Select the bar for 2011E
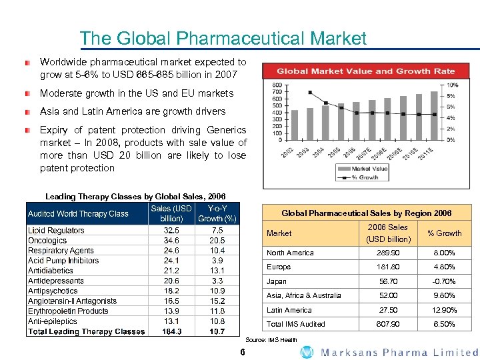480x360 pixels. pos(433,117)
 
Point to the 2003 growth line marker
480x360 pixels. pos(310,92)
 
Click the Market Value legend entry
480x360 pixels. pos(361,169)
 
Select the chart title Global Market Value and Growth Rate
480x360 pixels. pos(365,71)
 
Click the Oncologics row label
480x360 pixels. pos(47,241)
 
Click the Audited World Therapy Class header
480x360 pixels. pos(78,213)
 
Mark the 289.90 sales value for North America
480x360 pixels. pos(389,253)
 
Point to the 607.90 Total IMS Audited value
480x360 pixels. pos(389,324)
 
